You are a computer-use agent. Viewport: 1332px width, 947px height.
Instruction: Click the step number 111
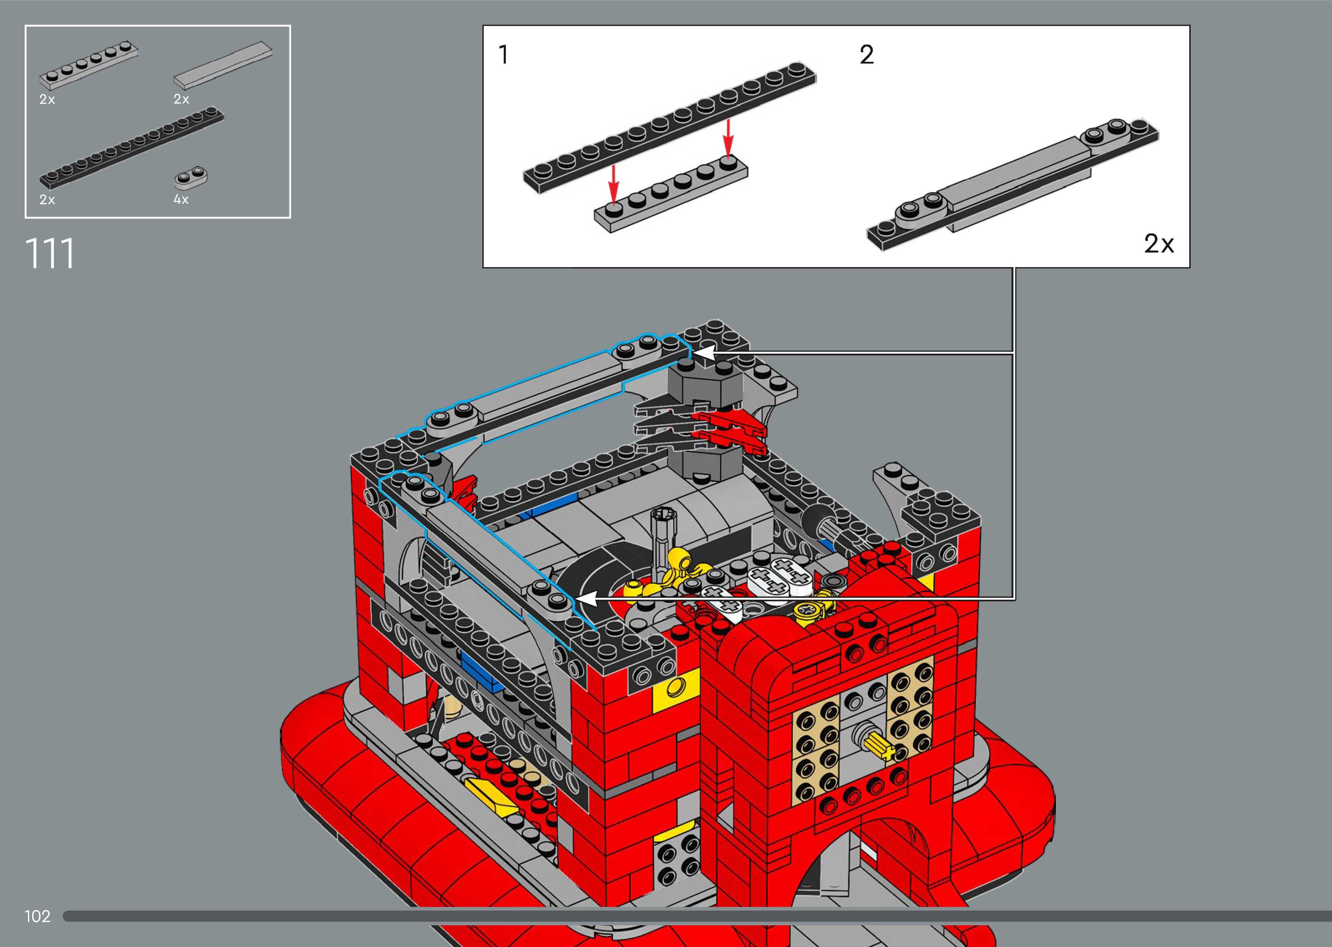(50, 254)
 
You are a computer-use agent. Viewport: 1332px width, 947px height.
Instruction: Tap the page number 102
(37, 916)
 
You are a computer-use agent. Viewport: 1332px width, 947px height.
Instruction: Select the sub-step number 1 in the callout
(503, 55)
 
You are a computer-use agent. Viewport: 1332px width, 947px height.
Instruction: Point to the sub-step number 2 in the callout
(867, 55)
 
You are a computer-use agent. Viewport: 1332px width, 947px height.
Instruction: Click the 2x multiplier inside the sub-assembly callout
(1159, 244)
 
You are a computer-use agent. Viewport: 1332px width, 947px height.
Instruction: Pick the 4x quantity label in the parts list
(181, 200)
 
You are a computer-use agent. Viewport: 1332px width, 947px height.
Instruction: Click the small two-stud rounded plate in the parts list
(191, 177)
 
